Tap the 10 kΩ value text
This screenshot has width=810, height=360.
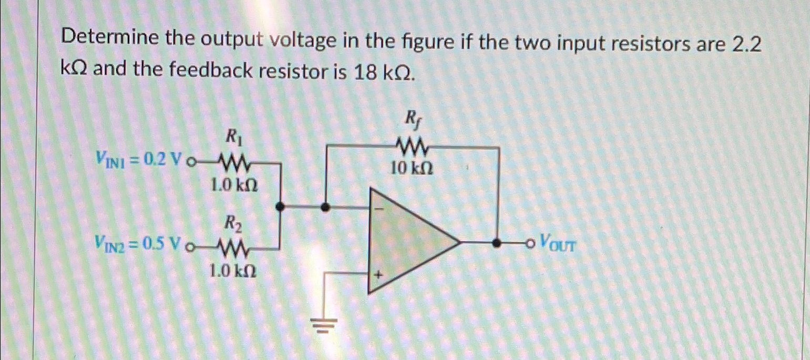[413, 169]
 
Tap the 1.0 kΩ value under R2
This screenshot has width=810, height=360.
[233, 271]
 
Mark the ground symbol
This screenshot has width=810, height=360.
[325, 327]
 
